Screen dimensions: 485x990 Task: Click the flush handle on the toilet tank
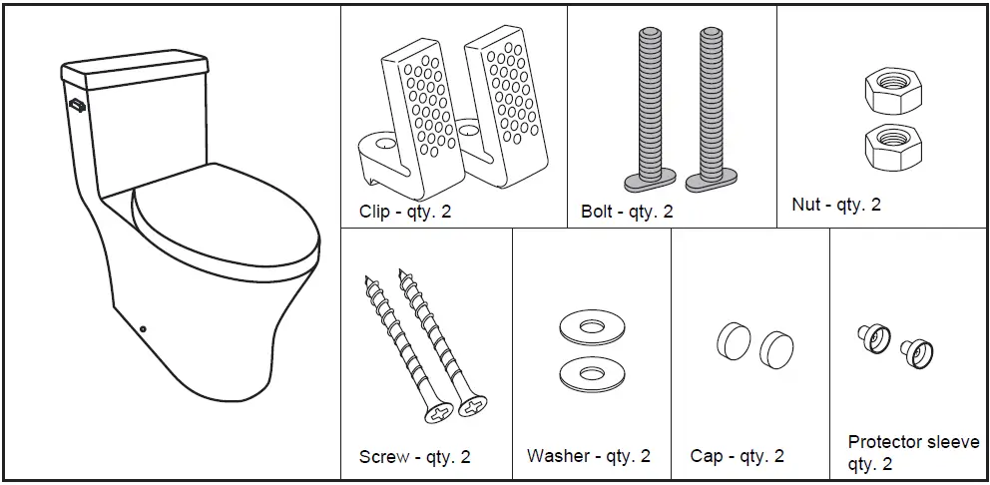[76, 103]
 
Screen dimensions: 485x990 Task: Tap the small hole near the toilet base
[144, 327]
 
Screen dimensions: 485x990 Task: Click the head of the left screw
[439, 410]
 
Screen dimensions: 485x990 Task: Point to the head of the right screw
[473, 405]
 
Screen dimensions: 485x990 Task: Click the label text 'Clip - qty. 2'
[405, 212]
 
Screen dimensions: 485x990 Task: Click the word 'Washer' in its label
[557, 456]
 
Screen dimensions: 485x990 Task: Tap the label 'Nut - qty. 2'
[835, 205]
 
